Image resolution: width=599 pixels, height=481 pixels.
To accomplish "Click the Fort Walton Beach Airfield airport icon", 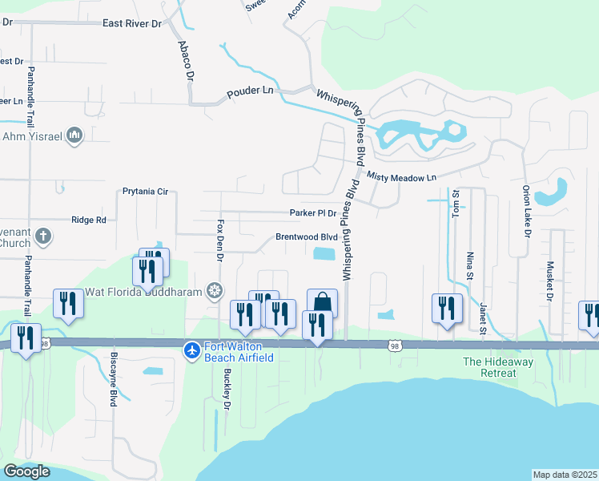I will (x=191, y=350).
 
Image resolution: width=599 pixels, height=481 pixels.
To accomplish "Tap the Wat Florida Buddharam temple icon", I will (x=215, y=289).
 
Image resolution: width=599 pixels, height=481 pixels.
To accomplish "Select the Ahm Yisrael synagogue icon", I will (x=74, y=134).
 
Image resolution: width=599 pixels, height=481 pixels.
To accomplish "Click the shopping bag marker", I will (x=322, y=302).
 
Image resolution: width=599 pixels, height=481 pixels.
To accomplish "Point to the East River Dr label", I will (x=132, y=24).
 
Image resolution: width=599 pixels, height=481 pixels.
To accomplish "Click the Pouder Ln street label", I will (x=250, y=93).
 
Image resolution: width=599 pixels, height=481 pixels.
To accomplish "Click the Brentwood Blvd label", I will (x=307, y=237).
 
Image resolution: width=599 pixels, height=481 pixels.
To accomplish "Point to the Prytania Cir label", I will (x=145, y=192).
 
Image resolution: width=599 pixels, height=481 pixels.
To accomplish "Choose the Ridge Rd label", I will (x=89, y=220).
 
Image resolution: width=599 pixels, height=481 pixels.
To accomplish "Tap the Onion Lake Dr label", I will (x=527, y=212).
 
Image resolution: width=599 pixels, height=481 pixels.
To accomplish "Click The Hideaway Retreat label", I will (x=498, y=367).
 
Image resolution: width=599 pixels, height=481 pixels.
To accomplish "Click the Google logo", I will (x=27, y=471).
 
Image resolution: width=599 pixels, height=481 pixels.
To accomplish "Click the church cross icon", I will (x=43, y=236).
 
